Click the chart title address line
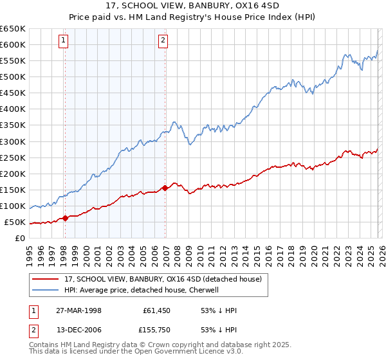(x=193, y=6)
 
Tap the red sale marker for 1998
(x=66, y=218)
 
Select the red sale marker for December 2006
(x=165, y=188)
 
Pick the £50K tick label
(x=15, y=222)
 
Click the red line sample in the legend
(x=46, y=280)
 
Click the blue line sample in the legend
(x=46, y=290)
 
